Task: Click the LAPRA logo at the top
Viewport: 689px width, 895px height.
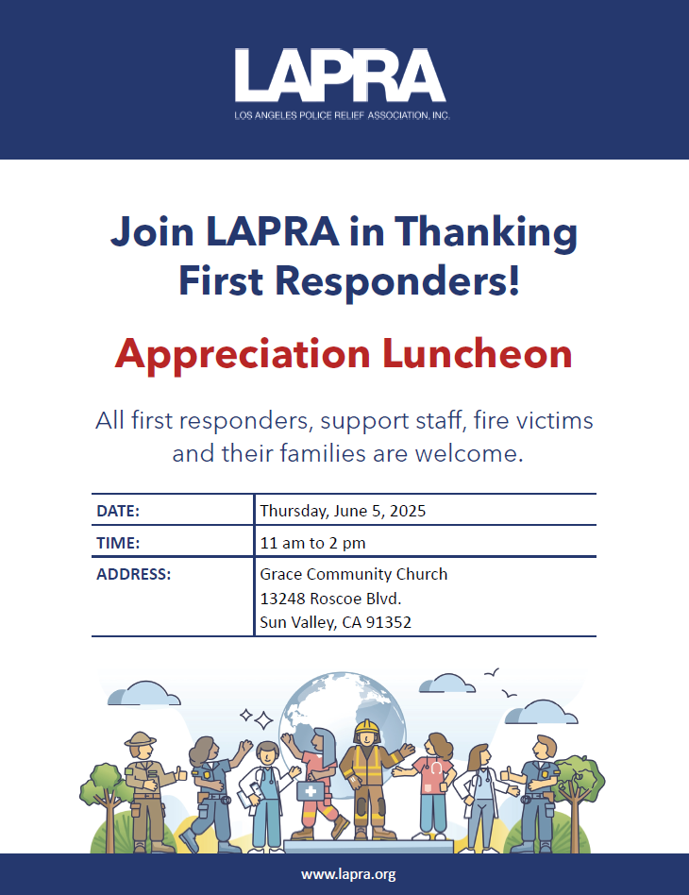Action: click(341, 76)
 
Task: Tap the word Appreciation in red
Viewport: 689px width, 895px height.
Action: click(242, 354)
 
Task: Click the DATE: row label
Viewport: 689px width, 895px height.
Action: click(118, 511)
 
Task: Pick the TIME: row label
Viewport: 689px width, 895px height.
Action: click(118, 543)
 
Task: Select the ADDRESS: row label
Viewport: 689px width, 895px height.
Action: click(134, 574)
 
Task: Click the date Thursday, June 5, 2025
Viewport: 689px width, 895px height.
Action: click(343, 511)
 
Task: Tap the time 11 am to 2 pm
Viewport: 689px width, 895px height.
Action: click(312, 543)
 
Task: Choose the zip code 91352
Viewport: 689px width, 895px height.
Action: click(391, 623)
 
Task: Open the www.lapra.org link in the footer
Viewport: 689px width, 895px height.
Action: click(348, 874)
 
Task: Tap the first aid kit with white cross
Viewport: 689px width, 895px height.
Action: click(312, 789)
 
